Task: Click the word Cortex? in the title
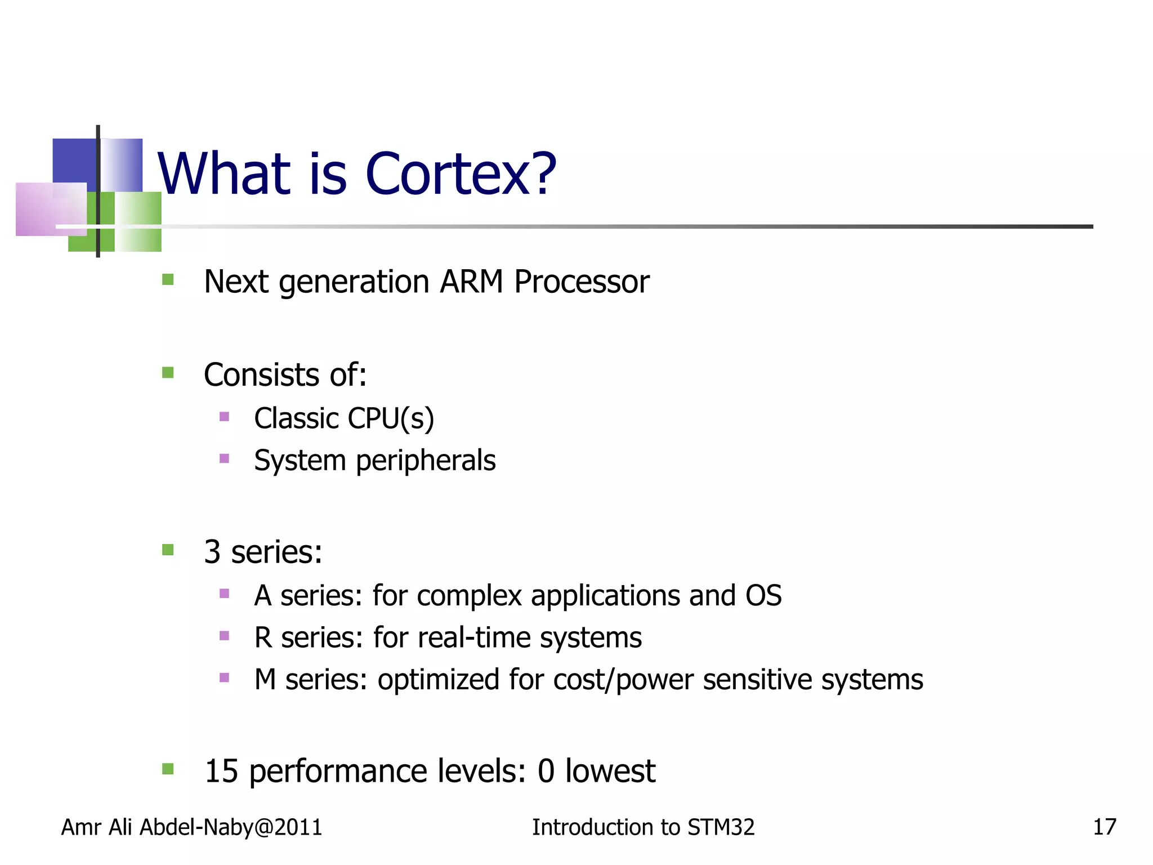click(461, 175)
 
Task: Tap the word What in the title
click(224, 175)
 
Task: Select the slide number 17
click(1104, 827)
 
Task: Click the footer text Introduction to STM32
click(643, 827)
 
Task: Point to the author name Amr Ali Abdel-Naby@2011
click(191, 827)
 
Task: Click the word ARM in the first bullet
click(471, 282)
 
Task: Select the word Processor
click(582, 283)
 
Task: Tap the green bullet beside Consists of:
click(168, 373)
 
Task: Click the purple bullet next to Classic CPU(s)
click(224, 417)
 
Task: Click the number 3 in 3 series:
click(212, 552)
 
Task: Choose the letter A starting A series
click(263, 596)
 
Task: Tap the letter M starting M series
click(265, 680)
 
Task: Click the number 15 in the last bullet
click(221, 771)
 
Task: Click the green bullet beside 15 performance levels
click(168, 769)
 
